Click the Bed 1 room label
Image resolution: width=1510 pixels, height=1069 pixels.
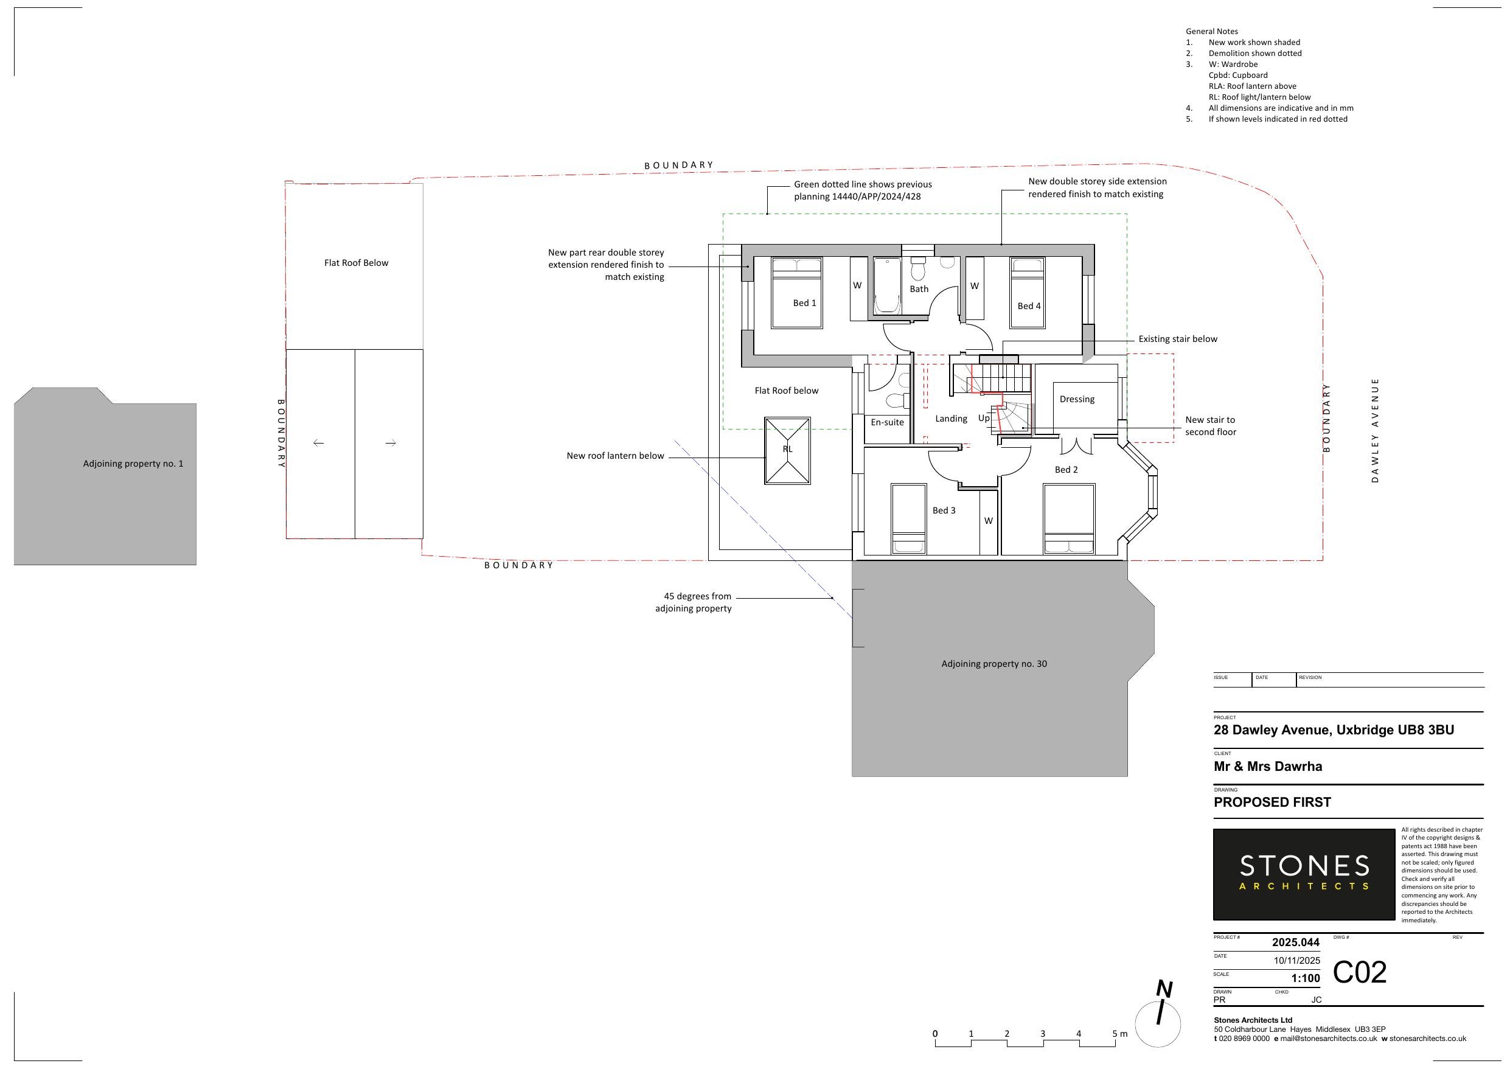804,303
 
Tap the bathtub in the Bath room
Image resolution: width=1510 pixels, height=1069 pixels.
886,286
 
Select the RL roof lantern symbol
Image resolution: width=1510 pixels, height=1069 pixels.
787,450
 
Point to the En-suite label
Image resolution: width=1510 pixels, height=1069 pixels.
887,422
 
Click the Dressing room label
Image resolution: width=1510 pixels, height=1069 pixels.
1077,399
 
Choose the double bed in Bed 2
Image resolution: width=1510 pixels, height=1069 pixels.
1069,519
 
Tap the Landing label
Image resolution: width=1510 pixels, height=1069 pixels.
951,419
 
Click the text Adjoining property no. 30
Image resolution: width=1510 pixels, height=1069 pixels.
994,664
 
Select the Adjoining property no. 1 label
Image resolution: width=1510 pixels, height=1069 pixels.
133,464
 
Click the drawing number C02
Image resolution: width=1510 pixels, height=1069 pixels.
1359,972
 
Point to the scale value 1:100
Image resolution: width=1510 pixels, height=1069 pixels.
1306,978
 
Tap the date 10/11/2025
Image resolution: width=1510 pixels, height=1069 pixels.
1296,960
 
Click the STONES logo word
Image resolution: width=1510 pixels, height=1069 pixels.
1304,865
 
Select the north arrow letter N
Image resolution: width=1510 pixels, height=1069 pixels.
1164,989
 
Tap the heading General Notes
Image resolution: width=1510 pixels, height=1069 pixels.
1212,31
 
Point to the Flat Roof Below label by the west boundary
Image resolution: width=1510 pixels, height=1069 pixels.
356,263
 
